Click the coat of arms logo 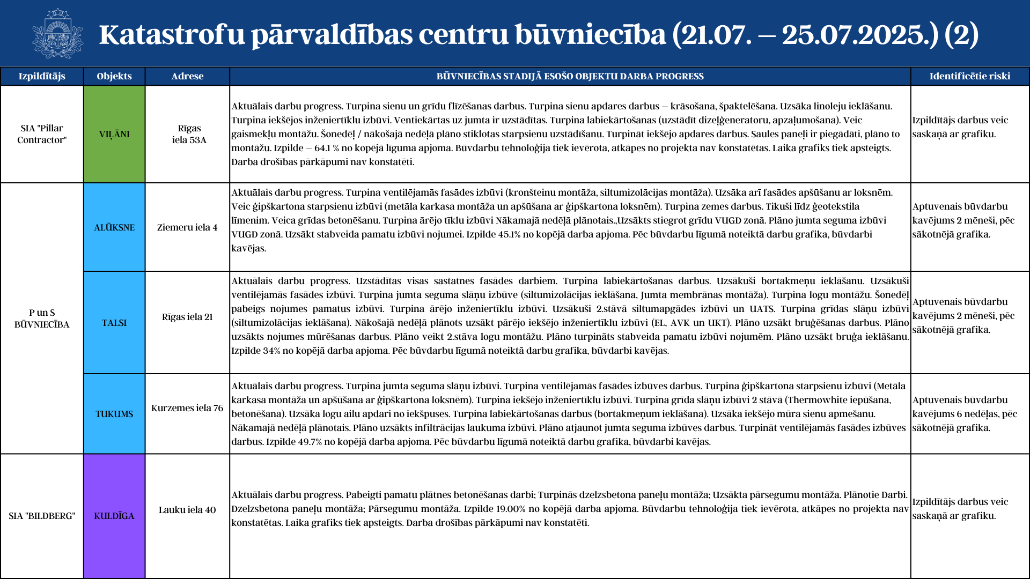coord(57,33)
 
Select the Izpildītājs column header coord(42,76)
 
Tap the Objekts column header coord(114,76)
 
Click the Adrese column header coord(187,76)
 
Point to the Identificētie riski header coord(969,76)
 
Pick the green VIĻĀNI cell coord(114,134)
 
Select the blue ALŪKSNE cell coord(114,227)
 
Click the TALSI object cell coord(114,323)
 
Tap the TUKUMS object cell coord(114,414)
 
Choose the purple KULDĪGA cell coord(114,516)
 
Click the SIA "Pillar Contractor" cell coord(42,134)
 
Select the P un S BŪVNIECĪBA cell coord(42,318)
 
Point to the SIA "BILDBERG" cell coord(42,516)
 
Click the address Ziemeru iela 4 coord(187,227)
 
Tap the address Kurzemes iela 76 coord(187,408)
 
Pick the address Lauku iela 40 coord(187,510)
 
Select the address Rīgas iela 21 coord(187,317)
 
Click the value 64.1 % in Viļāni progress coord(327,148)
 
